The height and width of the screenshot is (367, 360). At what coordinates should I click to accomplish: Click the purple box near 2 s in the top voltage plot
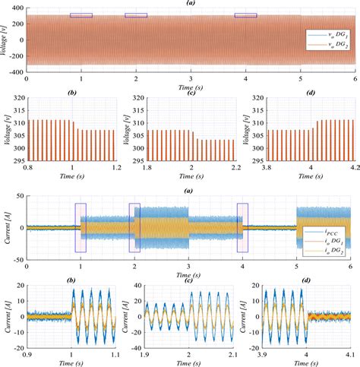[136, 15]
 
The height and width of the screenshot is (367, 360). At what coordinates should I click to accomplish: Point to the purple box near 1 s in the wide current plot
[81, 226]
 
